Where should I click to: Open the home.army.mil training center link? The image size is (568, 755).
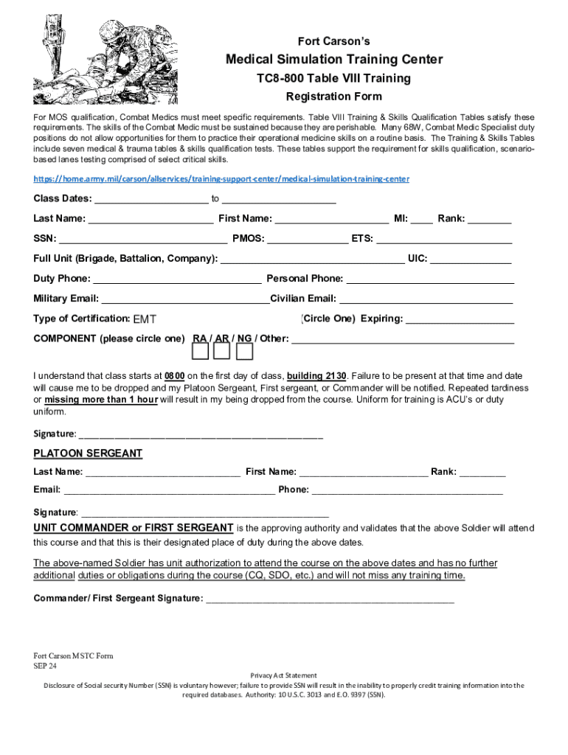pyautogui.click(x=221, y=179)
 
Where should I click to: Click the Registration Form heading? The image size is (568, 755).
pyautogui.click(x=333, y=97)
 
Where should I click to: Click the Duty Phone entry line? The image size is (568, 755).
pyautogui.click(x=177, y=279)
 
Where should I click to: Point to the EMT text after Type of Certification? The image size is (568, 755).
pyautogui.click(x=145, y=319)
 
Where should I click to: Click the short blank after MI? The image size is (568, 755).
pyautogui.click(x=422, y=219)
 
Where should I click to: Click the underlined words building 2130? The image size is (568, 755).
pyautogui.click(x=317, y=375)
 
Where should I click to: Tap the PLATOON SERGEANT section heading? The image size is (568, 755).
pyautogui.click(x=88, y=453)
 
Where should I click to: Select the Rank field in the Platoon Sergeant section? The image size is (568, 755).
pyautogui.click(x=482, y=472)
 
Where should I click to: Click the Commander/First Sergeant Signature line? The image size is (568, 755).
pyautogui.click(x=330, y=598)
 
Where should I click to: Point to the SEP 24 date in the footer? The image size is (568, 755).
pyautogui.click(x=45, y=665)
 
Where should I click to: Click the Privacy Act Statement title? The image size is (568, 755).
pyautogui.click(x=284, y=675)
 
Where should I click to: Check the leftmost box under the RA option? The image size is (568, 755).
pyautogui.click(x=201, y=352)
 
